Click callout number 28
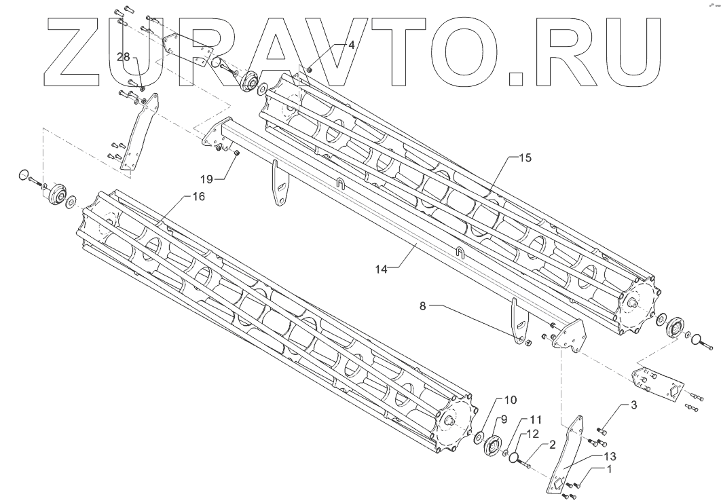point(123,57)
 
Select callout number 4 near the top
point(351,45)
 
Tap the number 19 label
point(206,179)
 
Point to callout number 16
point(197,197)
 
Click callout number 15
point(525,158)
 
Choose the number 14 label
point(381,268)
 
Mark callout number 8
point(422,306)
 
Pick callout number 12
point(532,432)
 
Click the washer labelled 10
point(478,436)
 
